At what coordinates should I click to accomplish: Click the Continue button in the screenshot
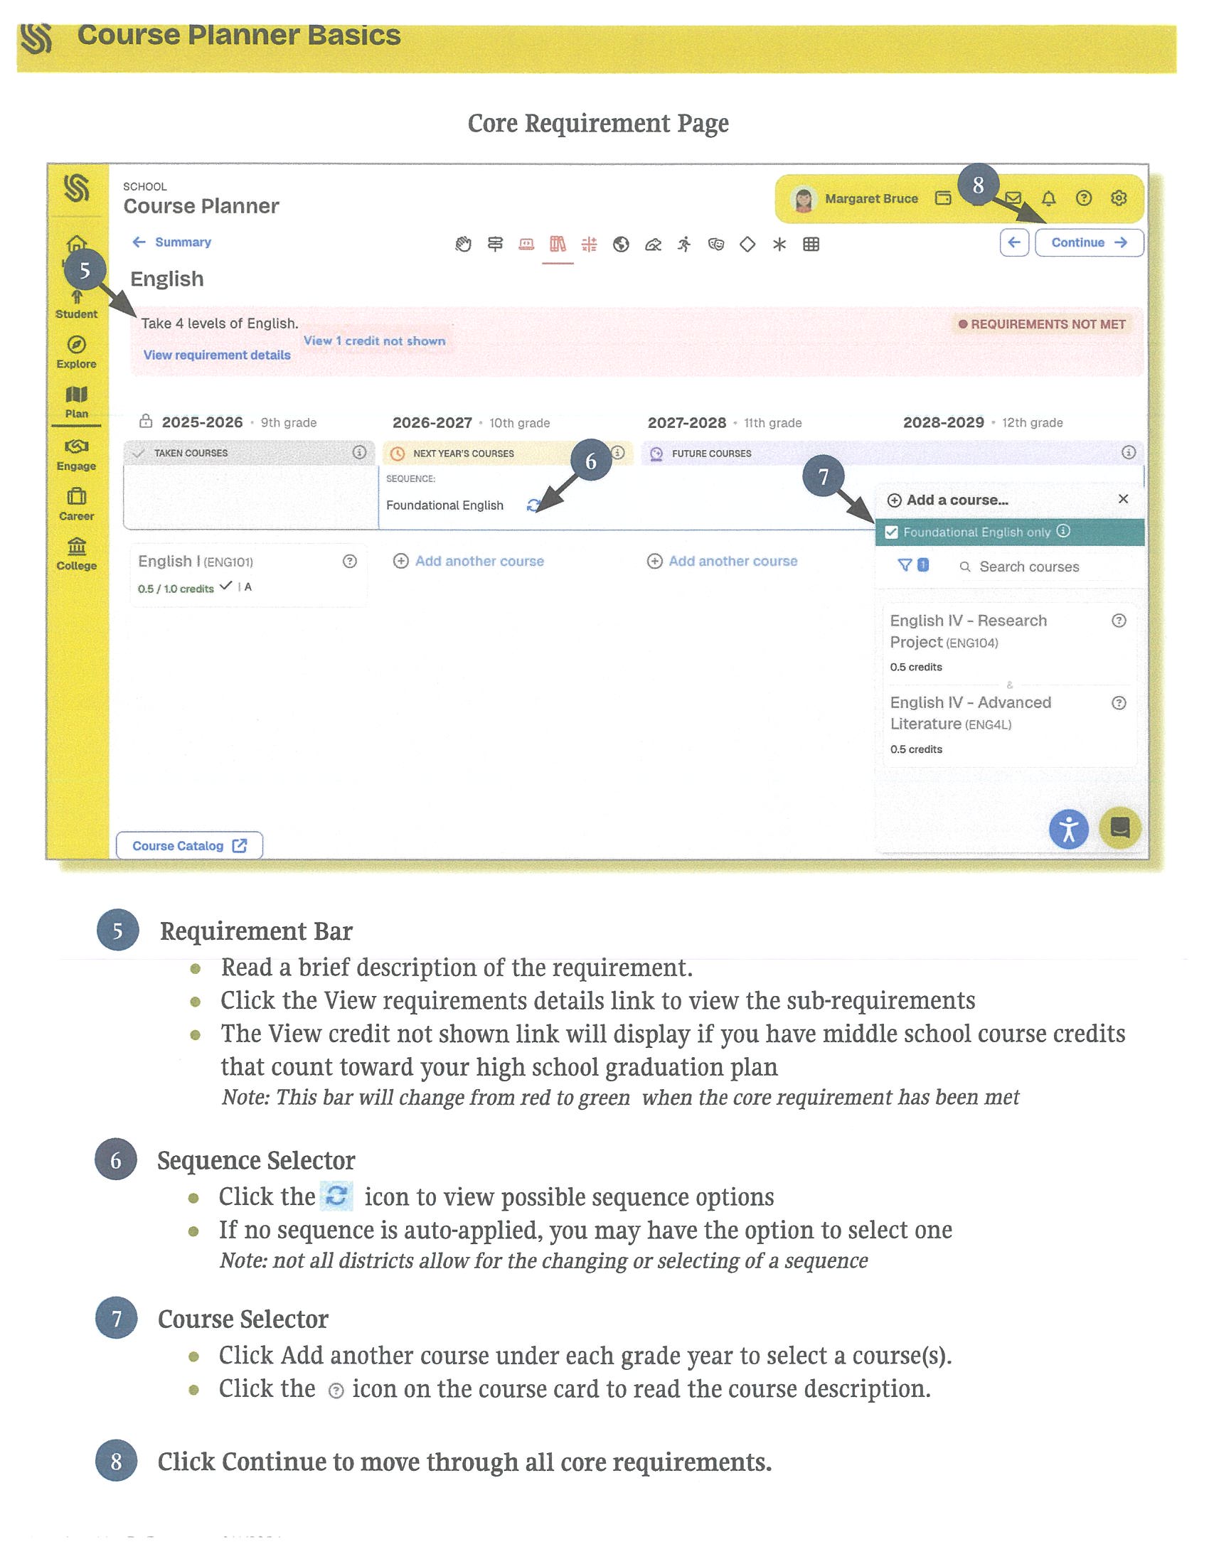click(x=1088, y=242)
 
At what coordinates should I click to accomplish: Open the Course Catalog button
click(x=188, y=846)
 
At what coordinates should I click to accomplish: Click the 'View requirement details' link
click(x=216, y=355)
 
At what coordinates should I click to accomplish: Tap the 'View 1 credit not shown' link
click(x=374, y=341)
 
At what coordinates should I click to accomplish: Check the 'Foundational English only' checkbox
click(x=892, y=532)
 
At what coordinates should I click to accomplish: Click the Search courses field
click(x=1028, y=567)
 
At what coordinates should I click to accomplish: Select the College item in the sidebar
click(x=77, y=554)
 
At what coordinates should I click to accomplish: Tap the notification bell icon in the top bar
click(x=1048, y=198)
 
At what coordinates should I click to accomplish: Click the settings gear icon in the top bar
click(x=1118, y=198)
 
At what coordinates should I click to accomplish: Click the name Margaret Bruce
click(x=870, y=199)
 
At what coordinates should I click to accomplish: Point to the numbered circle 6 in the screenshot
click(x=591, y=461)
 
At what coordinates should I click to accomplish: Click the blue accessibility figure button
click(x=1068, y=830)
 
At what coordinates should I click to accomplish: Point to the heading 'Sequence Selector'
click(x=256, y=1161)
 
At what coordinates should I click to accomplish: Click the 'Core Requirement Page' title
click(x=598, y=123)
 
